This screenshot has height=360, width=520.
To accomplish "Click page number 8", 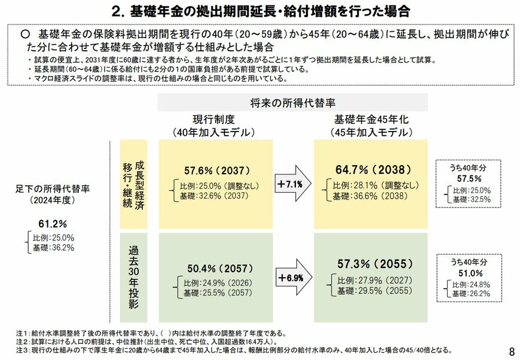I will coord(511,349).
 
